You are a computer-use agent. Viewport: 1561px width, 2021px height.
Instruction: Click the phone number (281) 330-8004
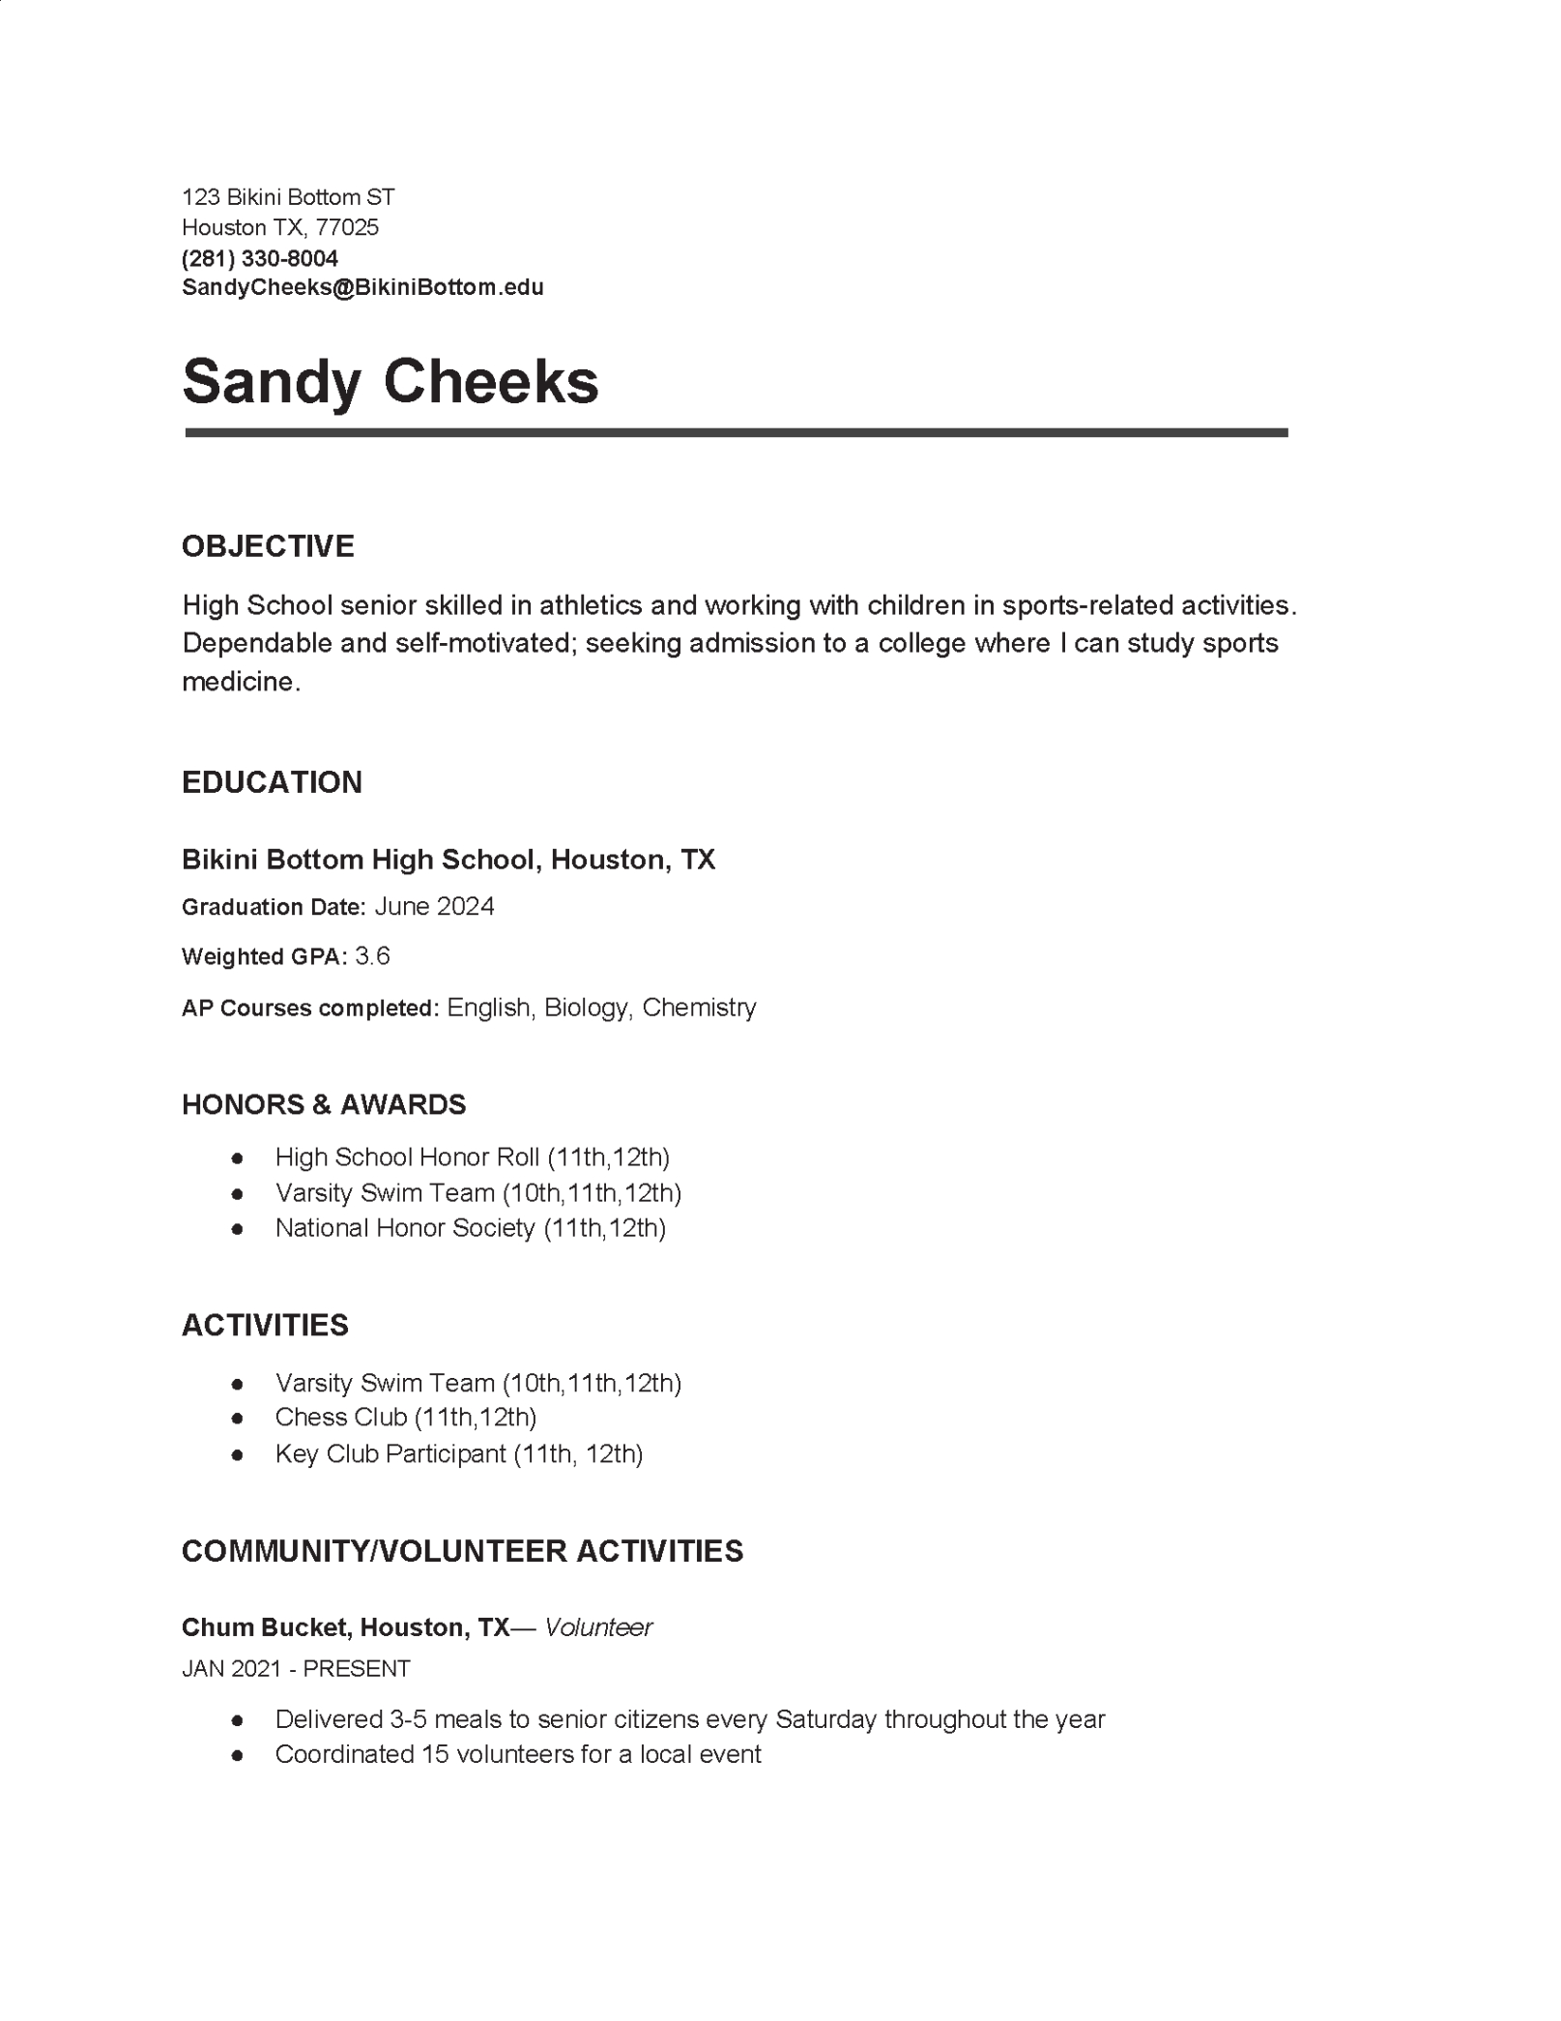coord(260,258)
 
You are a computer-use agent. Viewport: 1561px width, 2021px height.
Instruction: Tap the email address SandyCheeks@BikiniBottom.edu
coord(362,287)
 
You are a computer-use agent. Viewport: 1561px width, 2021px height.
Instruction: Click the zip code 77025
coord(347,227)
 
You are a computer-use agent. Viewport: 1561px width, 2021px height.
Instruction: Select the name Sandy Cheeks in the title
coord(390,381)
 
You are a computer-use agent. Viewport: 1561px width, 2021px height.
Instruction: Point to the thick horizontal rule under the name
coord(736,433)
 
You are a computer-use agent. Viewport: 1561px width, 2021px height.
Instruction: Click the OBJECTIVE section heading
coord(268,546)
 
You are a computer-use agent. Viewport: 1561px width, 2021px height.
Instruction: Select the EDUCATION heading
coord(272,782)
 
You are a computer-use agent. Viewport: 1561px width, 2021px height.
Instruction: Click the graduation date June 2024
coord(434,906)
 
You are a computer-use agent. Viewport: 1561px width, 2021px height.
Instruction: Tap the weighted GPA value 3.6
coord(372,956)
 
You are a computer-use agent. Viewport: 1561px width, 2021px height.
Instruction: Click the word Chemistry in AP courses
coord(699,1008)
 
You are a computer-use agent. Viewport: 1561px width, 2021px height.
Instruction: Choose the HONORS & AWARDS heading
coord(324,1104)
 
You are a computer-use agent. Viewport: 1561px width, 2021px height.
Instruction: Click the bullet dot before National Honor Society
coord(237,1229)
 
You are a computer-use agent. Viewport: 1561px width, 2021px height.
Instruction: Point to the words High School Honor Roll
coord(407,1157)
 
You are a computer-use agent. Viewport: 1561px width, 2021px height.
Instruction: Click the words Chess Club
coord(340,1418)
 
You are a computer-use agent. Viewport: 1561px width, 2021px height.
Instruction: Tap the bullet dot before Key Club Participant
coord(237,1455)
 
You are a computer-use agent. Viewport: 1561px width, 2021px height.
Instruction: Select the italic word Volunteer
coord(598,1627)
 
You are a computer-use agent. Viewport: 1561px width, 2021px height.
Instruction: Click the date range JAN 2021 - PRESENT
coord(296,1669)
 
